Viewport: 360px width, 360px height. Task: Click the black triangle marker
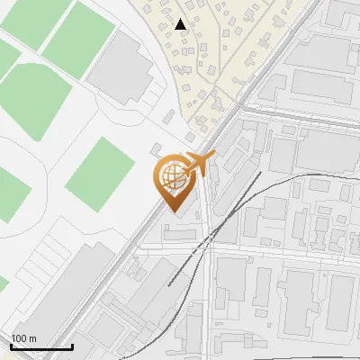(181, 24)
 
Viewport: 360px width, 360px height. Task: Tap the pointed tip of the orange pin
(171, 210)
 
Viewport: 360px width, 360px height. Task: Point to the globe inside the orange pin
(171, 175)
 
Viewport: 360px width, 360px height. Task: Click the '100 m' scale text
(23, 338)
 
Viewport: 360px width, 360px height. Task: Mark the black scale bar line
(40, 346)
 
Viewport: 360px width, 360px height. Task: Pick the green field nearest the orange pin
(99, 175)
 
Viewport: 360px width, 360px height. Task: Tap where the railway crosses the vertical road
(207, 236)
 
